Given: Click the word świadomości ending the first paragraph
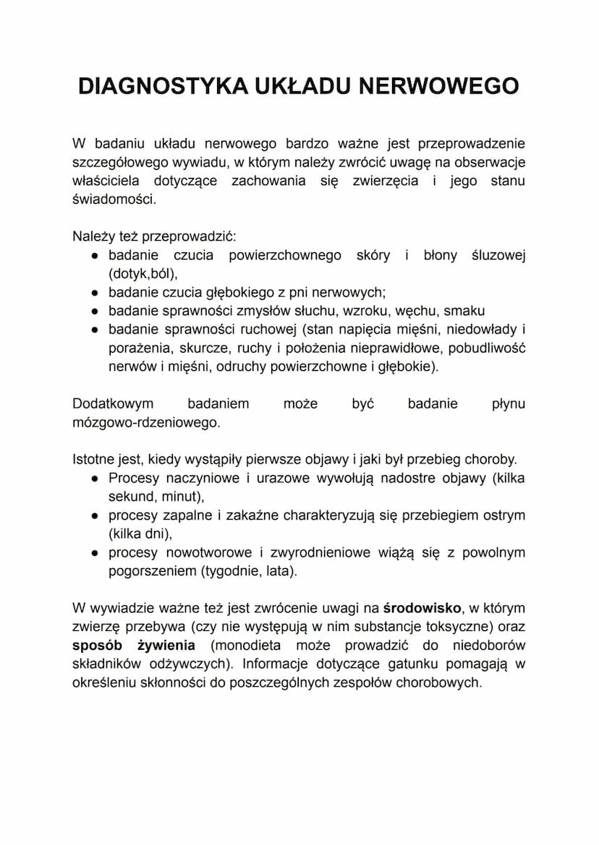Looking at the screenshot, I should pos(113,200).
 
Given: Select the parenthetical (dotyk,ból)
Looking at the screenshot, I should pos(142,274).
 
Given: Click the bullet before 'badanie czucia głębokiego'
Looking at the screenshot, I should pos(95,293).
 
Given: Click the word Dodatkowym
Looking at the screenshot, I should pos(113,403).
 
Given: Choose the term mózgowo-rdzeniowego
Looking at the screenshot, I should pos(145,422).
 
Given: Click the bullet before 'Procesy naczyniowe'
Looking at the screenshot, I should pos(95,479).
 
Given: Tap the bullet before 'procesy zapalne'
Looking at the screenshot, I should pos(95,516).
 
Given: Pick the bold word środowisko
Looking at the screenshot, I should pos(422,608).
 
